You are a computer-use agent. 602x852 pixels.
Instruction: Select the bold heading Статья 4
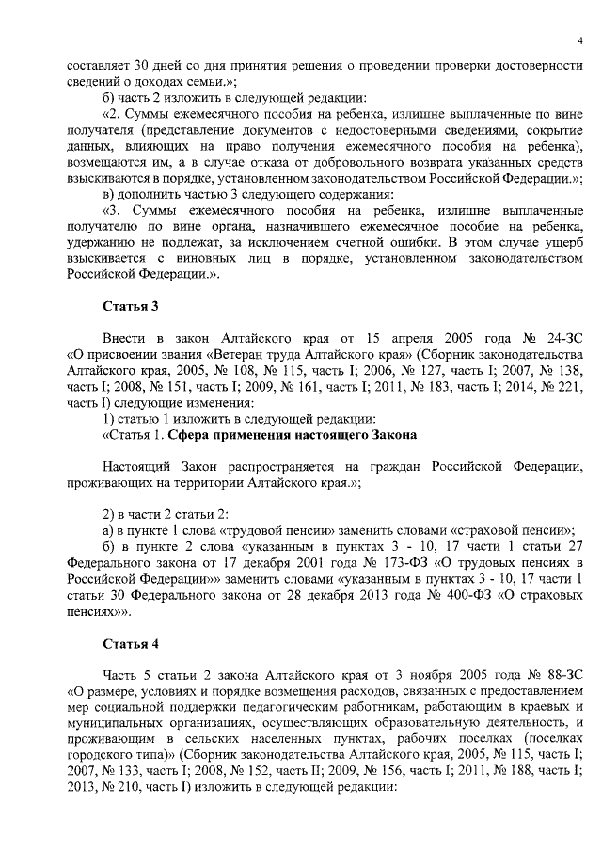pyautogui.click(x=130, y=644)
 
